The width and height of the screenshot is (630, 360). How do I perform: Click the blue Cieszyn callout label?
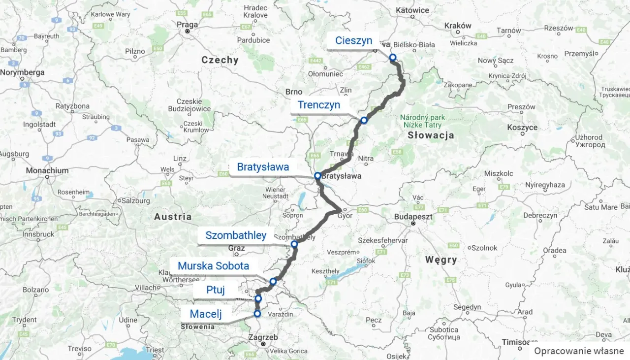click(x=353, y=41)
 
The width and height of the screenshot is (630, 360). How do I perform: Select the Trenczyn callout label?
click(x=318, y=105)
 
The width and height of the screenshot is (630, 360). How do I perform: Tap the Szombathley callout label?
click(x=236, y=235)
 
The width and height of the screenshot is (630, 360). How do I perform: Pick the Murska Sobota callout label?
click(x=213, y=266)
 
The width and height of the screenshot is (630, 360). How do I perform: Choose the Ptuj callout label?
click(x=216, y=290)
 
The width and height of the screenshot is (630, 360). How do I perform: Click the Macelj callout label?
click(x=206, y=314)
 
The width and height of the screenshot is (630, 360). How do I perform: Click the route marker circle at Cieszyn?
click(x=393, y=58)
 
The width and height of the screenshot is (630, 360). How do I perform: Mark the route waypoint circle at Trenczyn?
click(x=364, y=120)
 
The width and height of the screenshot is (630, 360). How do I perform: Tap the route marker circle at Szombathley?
click(x=294, y=244)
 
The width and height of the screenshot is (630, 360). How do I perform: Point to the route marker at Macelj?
click(x=257, y=314)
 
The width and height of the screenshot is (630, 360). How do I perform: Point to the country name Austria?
click(x=173, y=217)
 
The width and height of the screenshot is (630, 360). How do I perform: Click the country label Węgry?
click(x=441, y=260)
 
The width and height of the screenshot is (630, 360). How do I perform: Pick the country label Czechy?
click(x=220, y=60)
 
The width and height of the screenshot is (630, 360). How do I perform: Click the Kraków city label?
click(x=458, y=26)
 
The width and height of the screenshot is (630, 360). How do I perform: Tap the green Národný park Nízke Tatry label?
click(x=422, y=122)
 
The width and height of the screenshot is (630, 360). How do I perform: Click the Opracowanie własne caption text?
click(x=579, y=351)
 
